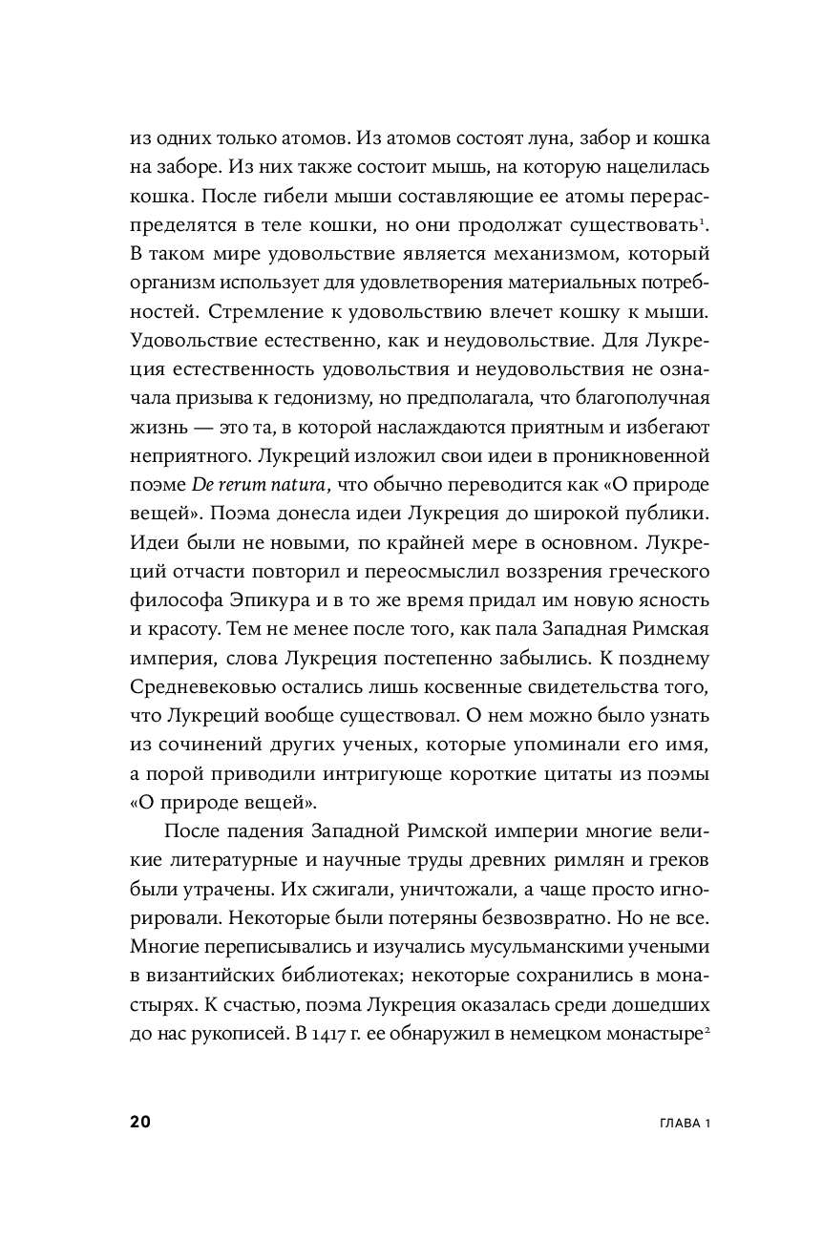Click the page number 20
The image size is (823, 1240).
(138, 1122)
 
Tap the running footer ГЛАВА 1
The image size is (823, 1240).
(681, 1123)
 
